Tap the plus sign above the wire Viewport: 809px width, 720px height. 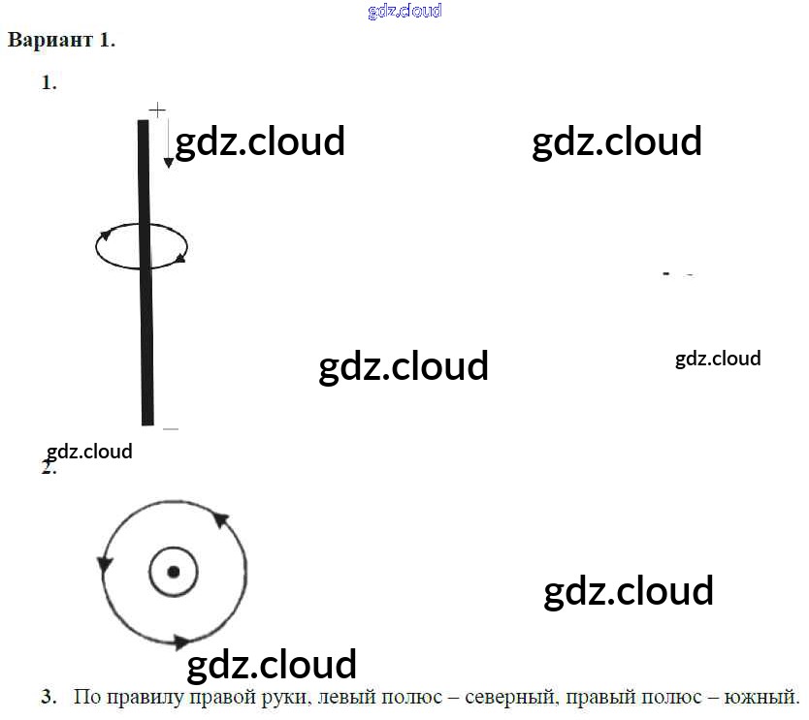156,110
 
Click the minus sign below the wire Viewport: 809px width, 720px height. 171,427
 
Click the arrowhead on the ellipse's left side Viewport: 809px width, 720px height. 106,234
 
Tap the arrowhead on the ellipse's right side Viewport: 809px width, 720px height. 179,258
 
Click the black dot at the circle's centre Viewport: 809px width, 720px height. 173,572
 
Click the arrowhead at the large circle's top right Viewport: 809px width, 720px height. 221,519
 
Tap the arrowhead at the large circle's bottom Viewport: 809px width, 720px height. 179,641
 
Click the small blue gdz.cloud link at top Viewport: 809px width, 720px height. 404,12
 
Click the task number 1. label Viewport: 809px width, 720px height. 49,83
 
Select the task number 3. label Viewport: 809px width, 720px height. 49,697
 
